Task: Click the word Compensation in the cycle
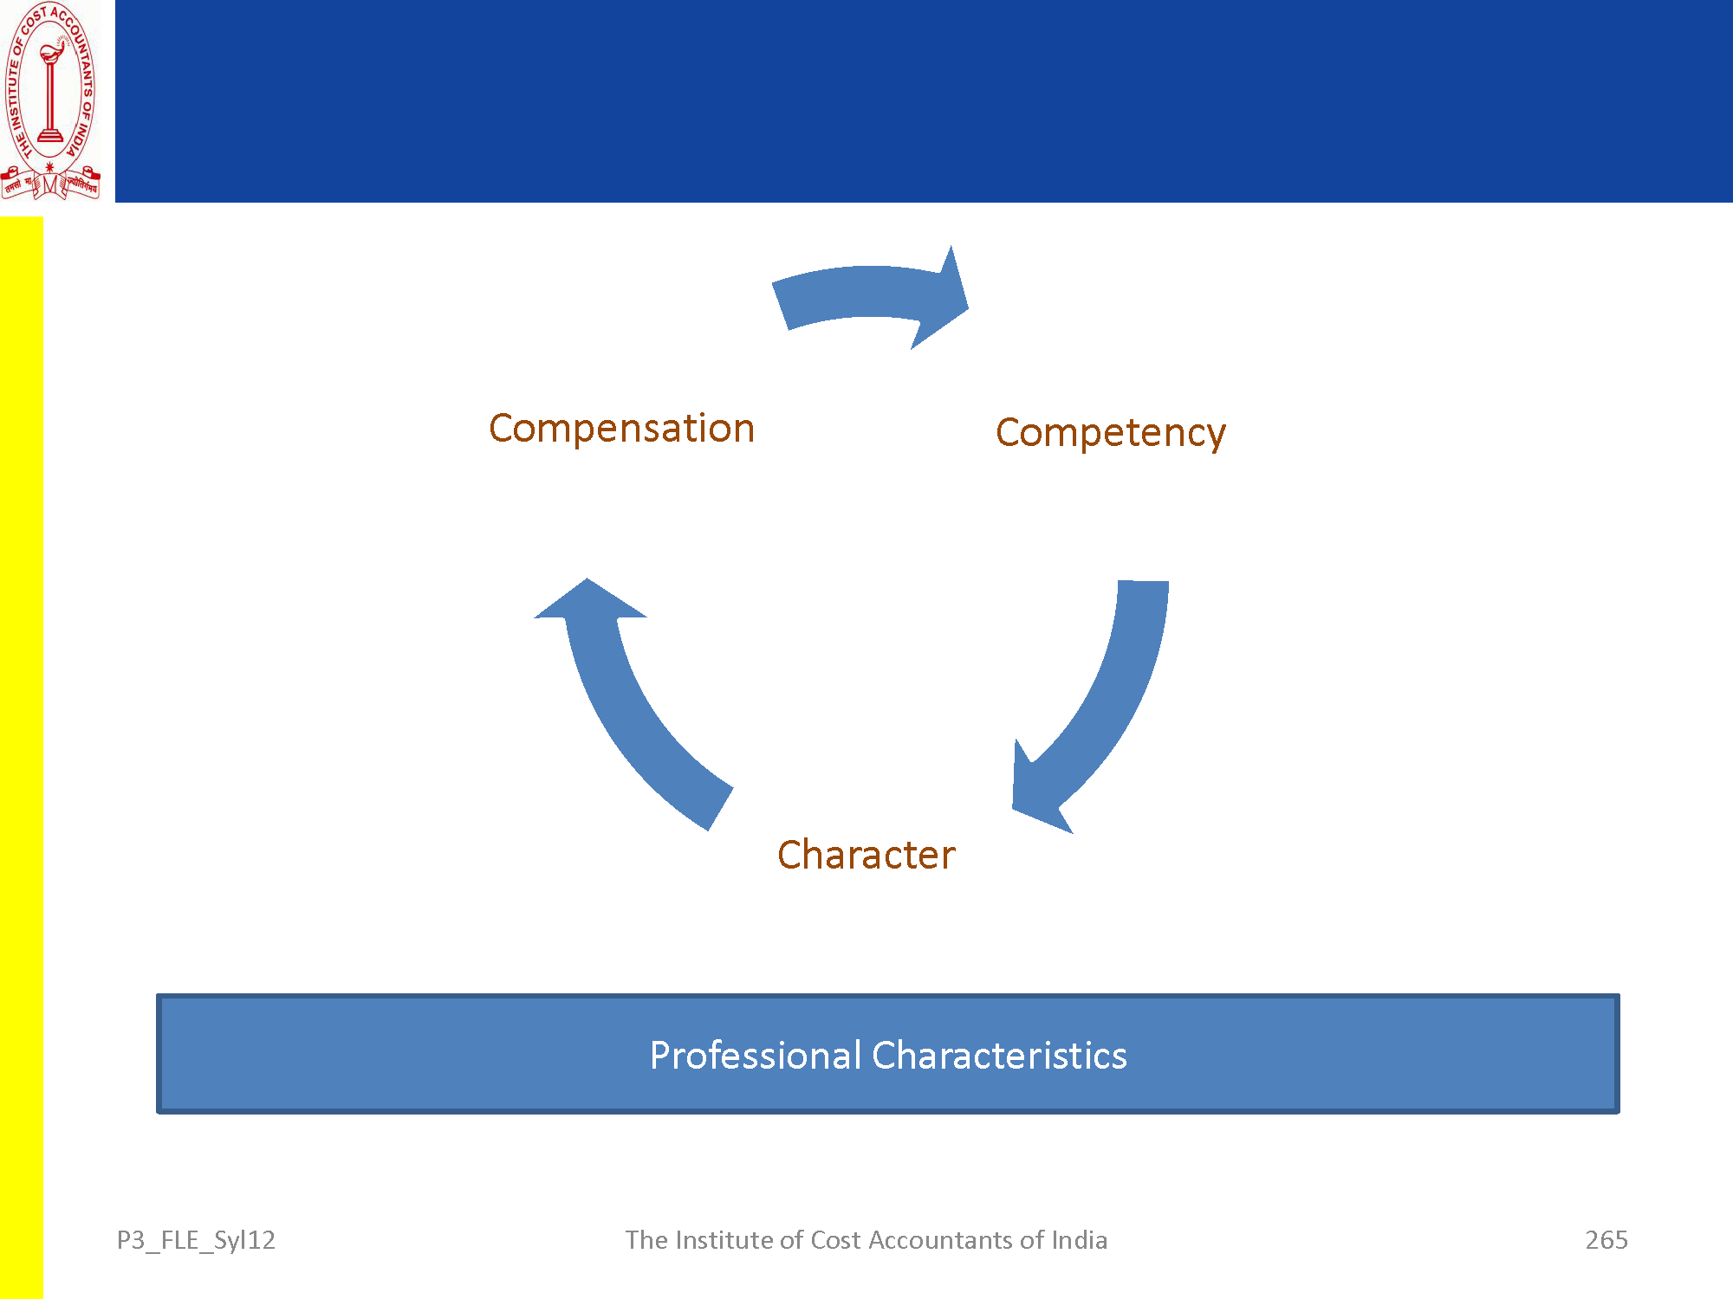coord(621,429)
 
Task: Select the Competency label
coord(1110,433)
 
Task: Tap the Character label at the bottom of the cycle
coord(866,855)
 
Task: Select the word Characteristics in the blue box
coord(999,1056)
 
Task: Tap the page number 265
coord(1606,1240)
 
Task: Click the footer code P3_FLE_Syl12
coord(196,1240)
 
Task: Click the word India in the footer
coord(1079,1240)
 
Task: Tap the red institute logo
coord(50,100)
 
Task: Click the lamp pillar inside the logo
coord(49,95)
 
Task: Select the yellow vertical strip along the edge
coord(21,753)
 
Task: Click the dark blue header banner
coord(923,100)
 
